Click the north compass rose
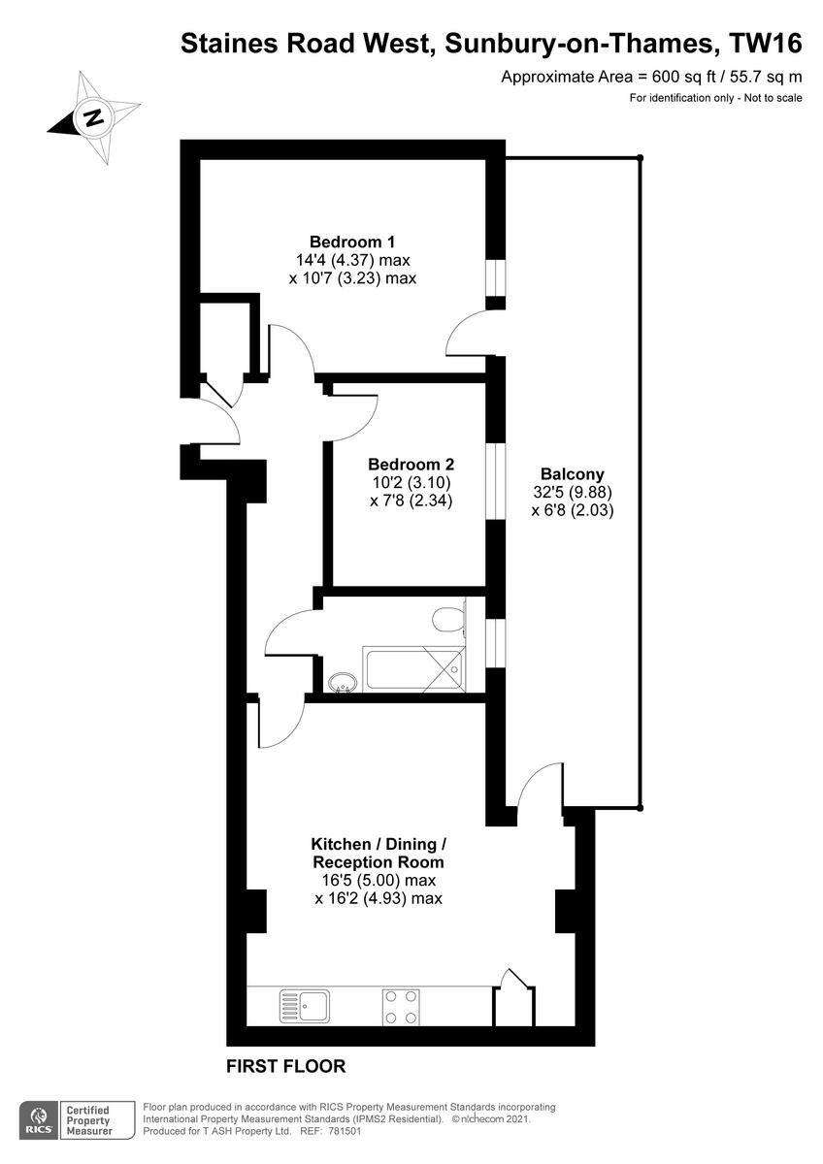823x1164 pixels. click(x=91, y=119)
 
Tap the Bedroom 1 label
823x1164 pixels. click(x=351, y=242)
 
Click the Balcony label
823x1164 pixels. click(x=573, y=474)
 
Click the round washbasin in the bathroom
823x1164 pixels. click(x=342, y=683)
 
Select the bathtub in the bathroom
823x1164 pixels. click(x=413, y=669)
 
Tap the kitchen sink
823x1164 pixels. click(x=304, y=1006)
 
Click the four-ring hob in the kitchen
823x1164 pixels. click(x=401, y=1006)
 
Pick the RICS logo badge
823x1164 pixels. click(x=40, y=1118)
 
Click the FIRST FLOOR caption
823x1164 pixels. click(x=285, y=1067)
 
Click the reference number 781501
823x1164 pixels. click(x=339, y=1131)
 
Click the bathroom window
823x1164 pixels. click(x=495, y=642)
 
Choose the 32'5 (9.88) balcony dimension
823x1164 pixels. click(x=573, y=492)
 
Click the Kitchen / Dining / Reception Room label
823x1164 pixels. click(x=379, y=853)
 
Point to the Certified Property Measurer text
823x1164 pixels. click(x=86, y=1120)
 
